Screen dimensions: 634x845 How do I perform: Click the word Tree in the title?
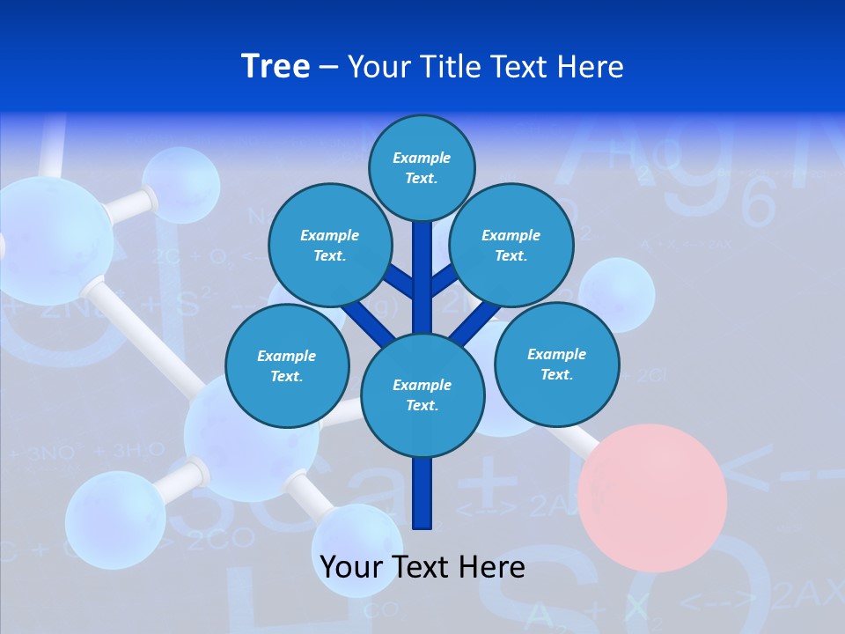(276, 66)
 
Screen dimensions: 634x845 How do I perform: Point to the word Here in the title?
(590, 67)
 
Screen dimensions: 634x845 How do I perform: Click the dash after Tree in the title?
(328, 68)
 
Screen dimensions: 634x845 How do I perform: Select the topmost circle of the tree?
(422, 167)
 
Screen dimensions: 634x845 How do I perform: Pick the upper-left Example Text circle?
(329, 246)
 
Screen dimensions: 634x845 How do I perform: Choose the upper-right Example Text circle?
(511, 246)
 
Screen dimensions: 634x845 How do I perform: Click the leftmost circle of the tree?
(287, 366)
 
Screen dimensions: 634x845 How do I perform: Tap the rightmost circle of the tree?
(556, 365)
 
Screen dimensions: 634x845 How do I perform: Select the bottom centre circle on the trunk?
(422, 395)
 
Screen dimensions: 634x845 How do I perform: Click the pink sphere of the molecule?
(658, 498)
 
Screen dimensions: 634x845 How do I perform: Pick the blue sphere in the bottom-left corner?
(114, 520)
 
